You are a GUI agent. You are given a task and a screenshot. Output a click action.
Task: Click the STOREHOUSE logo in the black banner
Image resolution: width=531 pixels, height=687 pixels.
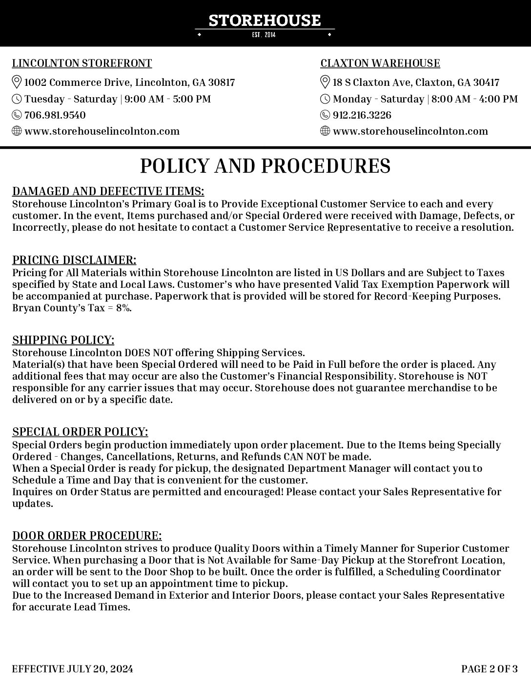[265, 20]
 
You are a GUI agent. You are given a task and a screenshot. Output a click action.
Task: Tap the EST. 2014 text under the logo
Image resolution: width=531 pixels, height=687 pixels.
[264, 35]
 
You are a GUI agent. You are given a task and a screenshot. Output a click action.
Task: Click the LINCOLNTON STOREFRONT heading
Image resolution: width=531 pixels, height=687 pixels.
[82, 63]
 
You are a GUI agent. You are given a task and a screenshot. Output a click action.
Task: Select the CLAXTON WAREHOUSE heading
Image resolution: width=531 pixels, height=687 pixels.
[380, 63]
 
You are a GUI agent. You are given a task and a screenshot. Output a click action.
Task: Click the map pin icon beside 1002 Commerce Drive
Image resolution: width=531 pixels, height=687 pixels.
[17, 82]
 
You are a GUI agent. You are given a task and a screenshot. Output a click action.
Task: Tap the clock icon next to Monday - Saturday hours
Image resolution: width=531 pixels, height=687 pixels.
[325, 99]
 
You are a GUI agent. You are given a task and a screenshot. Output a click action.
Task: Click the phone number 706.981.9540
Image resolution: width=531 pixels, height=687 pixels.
[55, 115]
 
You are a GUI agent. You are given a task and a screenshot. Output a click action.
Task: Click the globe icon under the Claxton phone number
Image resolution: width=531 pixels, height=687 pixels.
[325, 131]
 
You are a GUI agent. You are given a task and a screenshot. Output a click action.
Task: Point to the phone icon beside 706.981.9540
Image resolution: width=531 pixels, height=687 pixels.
[17, 115]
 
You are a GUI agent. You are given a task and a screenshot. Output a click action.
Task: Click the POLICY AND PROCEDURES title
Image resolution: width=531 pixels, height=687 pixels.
[265, 166]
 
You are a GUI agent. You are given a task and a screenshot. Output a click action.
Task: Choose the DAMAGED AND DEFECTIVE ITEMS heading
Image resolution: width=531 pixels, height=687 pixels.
[108, 191]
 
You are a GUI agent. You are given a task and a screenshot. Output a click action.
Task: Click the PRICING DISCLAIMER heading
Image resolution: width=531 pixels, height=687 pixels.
[74, 260]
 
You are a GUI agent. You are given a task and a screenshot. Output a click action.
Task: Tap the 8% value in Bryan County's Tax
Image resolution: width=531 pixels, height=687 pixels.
[123, 308]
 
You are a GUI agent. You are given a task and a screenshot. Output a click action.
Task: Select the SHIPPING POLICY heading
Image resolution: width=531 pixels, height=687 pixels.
[63, 340]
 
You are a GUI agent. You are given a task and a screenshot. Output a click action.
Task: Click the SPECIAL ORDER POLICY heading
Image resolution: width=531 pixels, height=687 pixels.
[80, 432]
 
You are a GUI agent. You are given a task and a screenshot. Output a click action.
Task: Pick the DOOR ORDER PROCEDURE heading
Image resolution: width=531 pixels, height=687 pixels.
[87, 536]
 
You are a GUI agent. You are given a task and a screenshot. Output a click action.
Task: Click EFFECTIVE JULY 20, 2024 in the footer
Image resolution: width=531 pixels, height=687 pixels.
[72, 668]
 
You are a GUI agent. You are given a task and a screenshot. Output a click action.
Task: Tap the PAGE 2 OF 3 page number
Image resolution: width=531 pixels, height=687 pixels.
[489, 668]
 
